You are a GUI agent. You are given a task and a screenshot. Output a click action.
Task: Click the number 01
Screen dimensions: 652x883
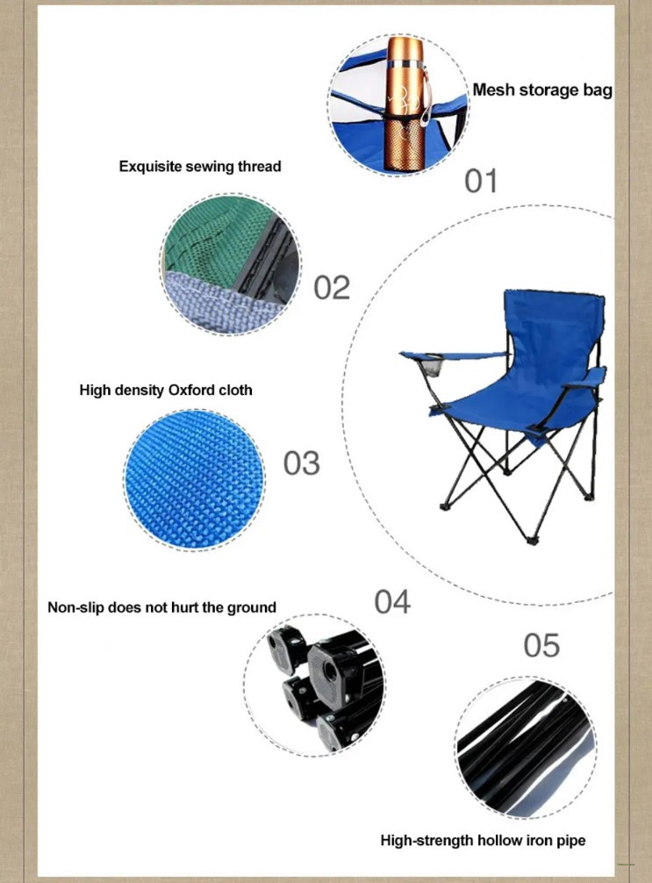(481, 182)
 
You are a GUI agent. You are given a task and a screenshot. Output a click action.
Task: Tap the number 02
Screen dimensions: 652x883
(332, 287)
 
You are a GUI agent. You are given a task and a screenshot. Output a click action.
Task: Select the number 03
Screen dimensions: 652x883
(301, 463)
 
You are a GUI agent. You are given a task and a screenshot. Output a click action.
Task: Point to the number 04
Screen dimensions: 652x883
(392, 601)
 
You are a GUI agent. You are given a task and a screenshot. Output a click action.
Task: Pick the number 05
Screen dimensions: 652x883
(541, 645)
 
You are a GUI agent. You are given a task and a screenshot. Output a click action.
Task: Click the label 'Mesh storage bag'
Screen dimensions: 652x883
(542, 90)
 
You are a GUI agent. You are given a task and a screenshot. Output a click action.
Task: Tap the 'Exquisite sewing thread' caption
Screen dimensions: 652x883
(200, 167)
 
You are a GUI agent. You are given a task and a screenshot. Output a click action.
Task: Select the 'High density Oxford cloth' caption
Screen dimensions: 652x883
(166, 391)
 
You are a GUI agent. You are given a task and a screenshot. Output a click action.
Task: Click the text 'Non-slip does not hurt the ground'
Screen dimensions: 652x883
(161, 607)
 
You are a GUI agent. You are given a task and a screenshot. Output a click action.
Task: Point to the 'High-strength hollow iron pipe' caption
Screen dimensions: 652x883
(484, 841)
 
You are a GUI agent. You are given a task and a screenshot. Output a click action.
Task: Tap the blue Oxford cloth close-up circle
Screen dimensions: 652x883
(194, 480)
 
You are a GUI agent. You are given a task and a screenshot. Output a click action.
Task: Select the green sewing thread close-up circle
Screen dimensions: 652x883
(231, 265)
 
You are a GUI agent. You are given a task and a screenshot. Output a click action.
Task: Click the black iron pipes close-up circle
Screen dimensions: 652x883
(526, 747)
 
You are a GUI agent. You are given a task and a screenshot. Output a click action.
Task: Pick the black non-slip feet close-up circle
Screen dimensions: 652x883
(315, 685)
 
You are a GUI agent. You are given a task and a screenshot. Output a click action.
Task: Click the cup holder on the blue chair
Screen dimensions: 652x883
(432, 366)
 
